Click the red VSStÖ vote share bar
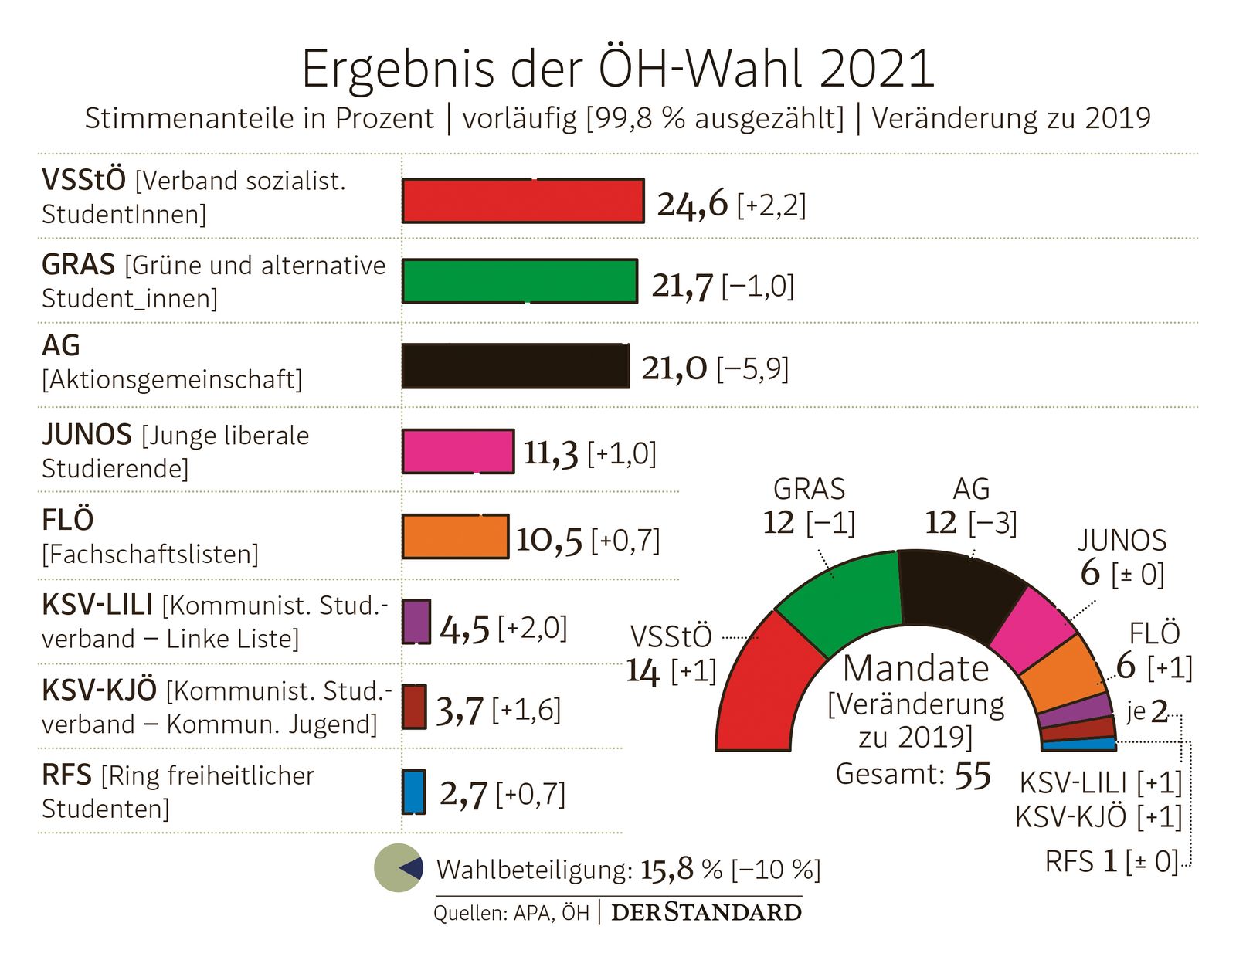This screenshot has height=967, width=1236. coord(523,201)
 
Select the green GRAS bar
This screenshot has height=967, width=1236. coord(520,281)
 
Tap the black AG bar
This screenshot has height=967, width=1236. coord(515,366)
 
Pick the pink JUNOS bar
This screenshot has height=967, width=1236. coord(458,451)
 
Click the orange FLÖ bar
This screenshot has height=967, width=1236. coord(456,536)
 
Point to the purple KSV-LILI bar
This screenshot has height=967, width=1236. coord(416,621)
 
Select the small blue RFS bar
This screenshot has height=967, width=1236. coord(413,792)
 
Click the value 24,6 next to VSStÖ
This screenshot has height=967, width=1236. coord(692,204)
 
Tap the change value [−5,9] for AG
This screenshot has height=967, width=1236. coord(752,368)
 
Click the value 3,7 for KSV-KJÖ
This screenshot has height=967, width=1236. coord(460,711)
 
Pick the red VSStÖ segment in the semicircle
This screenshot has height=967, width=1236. coord(761,687)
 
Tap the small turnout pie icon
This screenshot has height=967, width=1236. coord(399,867)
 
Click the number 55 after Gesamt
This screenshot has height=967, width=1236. coord(972,775)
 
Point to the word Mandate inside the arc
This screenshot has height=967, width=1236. coord(915,668)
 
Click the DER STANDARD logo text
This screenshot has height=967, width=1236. coord(706,912)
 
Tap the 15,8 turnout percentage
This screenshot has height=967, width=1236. coord(667,870)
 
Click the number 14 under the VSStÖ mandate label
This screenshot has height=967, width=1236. coord(643,670)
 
